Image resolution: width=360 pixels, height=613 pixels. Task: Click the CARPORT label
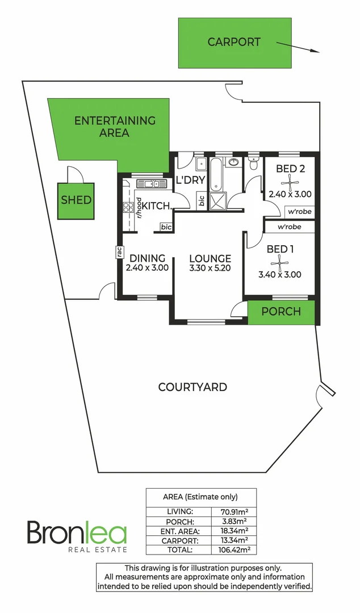pyautogui.click(x=234, y=42)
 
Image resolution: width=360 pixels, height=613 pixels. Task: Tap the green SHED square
pyautogui.click(x=77, y=200)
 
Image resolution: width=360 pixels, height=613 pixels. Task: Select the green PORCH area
pyautogui.click(x=281, y=312)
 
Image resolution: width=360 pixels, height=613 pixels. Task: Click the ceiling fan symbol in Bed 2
pyautogui.click(x=290, y=182)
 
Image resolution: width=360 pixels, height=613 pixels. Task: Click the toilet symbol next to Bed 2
pyautogui.click(x=253, y=164)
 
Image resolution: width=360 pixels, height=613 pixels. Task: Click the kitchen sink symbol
pyautogui.click(x=150, y=183)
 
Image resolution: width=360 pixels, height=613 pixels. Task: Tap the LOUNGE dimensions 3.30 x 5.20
pyautogui.click(x=210, y=269)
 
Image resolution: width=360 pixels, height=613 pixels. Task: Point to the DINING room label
pyautogui.click(x=146, y=258)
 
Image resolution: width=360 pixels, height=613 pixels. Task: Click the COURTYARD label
pyautogui.click(x=192, y=388)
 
